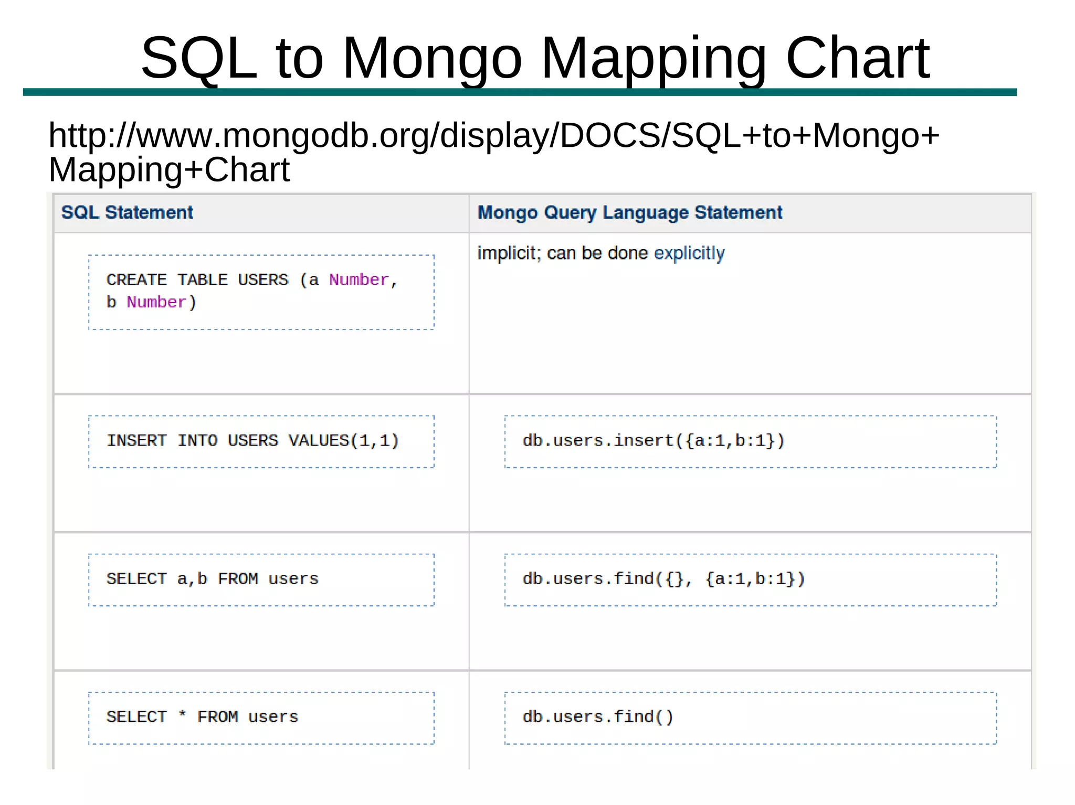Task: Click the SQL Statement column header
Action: [x=127, y=212]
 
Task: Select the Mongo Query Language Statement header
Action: [x=629, y=212]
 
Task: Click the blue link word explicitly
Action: [x=689, y=253]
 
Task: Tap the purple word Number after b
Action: [x=156, y=302]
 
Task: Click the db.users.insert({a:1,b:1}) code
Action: [x=653, y=441]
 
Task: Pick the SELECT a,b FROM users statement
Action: [x=212, y=579]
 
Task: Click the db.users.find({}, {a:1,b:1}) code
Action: [x=663, y=579]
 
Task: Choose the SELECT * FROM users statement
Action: [x=202, y=717]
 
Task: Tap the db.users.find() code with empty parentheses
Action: [x=597, y=717]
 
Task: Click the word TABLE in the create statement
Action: [x=202, y=280]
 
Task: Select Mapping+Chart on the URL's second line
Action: [x=169, y=169]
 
